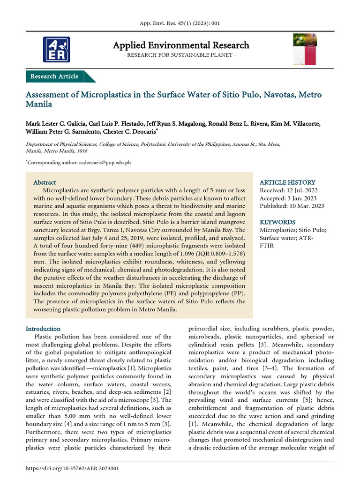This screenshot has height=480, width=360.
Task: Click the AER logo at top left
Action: [x=56, y=49]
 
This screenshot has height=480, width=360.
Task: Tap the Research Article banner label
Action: [x=54, y=76]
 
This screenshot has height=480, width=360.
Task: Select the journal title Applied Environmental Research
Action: [x=181, y=45]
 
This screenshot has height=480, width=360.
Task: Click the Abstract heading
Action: [x=45, y=182]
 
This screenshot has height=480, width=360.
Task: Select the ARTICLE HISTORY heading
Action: [x=287, y=182]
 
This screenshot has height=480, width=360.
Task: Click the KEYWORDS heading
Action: [x=277, y=222]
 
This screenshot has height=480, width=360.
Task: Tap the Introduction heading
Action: [x=43, y=329]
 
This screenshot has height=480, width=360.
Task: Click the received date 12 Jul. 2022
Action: [x=305, y=190]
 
